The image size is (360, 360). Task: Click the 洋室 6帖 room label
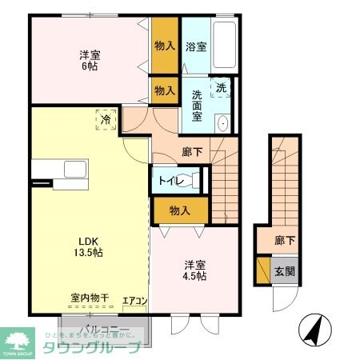(90, 61)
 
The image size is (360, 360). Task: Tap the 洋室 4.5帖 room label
(195, 270)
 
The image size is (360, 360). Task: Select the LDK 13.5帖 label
(90, 246)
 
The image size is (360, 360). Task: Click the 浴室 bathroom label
(195, 46)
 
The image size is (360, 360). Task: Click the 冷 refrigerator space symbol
(106, 120)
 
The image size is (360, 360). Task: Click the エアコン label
(134, 301)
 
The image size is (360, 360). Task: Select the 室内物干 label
(89, 298)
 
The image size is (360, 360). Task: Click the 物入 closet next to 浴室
(165, 46)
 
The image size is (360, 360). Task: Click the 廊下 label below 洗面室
(191, 150)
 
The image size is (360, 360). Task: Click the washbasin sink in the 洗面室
(223, 123)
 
